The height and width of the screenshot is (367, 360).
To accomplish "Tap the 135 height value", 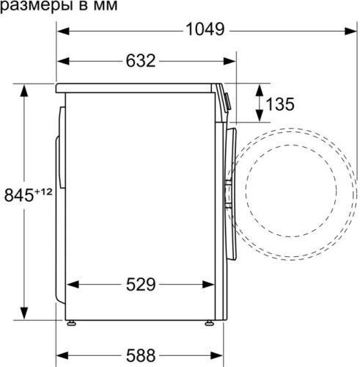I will (279, 104).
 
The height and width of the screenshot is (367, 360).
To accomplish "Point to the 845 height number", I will (19, 196).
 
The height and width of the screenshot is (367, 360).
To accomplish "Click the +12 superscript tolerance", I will (44, 192).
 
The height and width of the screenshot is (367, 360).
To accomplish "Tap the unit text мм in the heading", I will (103, 6).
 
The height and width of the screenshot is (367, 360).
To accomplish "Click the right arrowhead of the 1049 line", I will (342, 31).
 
